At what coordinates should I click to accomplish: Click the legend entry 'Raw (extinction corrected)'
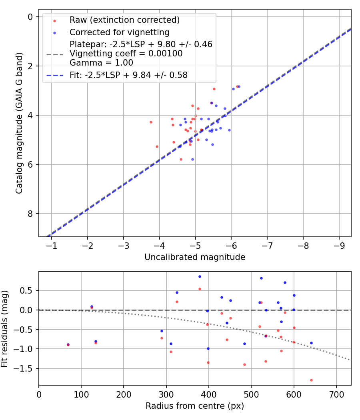click(x=124, y=20)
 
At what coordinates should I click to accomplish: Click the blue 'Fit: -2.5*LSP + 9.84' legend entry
click(x=128, y=74)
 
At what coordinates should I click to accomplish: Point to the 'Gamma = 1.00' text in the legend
click(x=101, y=62)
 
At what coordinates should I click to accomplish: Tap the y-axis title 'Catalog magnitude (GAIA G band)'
click(x=19, y=123)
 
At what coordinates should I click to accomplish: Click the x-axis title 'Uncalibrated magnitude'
click(x=195, y=257)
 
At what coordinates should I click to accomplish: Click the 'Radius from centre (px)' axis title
click(x=195, y=406)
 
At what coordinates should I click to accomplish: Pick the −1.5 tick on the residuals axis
click(x=25, y=369)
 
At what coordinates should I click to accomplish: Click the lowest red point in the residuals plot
click(x=311, y=380)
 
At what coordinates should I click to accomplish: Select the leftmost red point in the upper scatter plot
click(x=151, y=122)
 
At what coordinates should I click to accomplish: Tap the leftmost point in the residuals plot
click(x=68, y=344)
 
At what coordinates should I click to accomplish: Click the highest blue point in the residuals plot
click(x=200, y=276)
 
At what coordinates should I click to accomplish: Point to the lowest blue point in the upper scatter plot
click(x=192, y=159)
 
